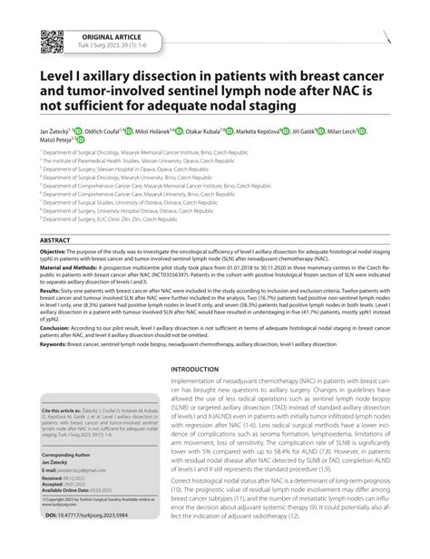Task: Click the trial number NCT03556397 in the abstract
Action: coord(273,293)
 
